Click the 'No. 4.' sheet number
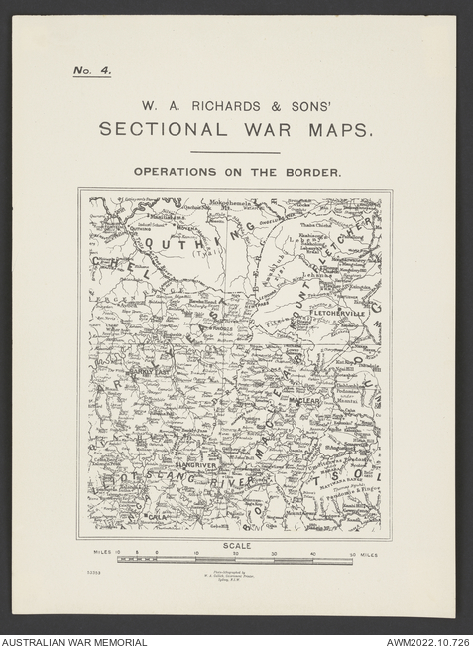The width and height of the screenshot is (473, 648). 91,71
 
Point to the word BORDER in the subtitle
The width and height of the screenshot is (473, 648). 313,172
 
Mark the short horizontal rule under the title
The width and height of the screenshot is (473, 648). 235,152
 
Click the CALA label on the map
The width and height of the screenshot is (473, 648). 157,517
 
